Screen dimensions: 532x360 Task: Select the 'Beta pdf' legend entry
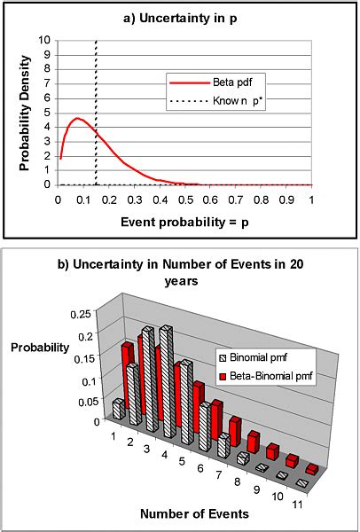tap(214, 82)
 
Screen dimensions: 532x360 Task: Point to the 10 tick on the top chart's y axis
tap(46, 40)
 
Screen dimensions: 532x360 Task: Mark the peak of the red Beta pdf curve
tap(77, 118)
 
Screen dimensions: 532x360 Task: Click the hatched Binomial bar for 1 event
tap(118, 409)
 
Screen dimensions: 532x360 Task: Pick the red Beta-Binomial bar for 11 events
tap(311, 469)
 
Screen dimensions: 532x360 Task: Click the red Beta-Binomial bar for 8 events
tap(254, 441)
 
